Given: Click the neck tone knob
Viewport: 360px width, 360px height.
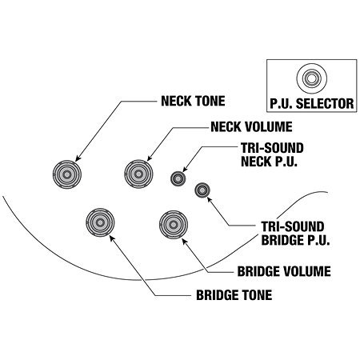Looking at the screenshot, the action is pyautogui.click(x=67, y=174).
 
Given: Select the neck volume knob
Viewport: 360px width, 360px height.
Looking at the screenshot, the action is pyautogui.click(x=138, y=174).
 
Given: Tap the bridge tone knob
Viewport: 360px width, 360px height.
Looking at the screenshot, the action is pyautogui.click(x=100, y=222).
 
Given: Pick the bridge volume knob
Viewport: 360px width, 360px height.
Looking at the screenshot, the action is pyautogui.click(x=174, y=225).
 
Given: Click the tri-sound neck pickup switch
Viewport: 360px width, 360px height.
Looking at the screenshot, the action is pyautogui.click(x=178, y=178).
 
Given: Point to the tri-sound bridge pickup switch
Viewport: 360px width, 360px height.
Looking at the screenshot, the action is pyautogui.click(x=202, y=190).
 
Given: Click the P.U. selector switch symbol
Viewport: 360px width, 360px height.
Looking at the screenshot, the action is pyautogui.click(x=311, y=78).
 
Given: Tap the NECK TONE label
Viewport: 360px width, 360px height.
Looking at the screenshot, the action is pyautogui.click(x=193, y=101).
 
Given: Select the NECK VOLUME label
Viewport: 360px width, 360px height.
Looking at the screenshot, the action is pyautogui.click(x=251, y=127).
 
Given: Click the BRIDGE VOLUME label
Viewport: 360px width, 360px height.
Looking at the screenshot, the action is pyautogui.click(x=284, y=271).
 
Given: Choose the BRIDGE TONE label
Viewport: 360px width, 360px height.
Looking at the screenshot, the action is pyautogui.click(x=234, y=295).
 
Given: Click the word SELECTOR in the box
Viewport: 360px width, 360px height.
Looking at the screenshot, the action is pyautogui.click(x=325, y=103).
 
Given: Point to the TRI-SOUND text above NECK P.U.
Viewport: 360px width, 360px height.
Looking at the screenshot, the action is pyautogui.click(x=272, y=148).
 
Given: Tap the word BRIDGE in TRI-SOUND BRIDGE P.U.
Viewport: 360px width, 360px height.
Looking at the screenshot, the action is pyautogui.click(x=282, y=240).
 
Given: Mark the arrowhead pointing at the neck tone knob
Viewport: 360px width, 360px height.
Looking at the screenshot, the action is pyautogui.click(x=78, y=158).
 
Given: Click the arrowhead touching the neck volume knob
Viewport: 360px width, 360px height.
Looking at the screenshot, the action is pyautogui.click(x=150, y=158).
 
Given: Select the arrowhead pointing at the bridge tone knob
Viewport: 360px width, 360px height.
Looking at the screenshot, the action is pyautogui.click(x=112, y=238).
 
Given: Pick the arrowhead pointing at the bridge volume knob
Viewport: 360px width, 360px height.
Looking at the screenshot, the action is pyautogui.click(x=185, y=241).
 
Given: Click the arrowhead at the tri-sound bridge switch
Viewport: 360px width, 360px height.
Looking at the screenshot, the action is pyautogui.click(x=210, y=199).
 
